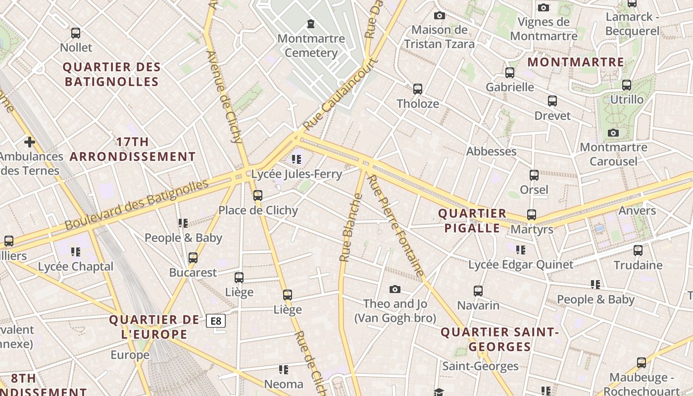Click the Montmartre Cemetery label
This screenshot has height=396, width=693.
coord(311,46)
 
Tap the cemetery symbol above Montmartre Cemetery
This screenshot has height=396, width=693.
coord(311,23)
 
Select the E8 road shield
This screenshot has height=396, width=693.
coord(216,321)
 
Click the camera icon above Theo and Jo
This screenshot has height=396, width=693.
coord(395,289)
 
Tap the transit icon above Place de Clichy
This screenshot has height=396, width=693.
coord(258,195)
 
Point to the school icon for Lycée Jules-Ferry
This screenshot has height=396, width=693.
coord(297,159)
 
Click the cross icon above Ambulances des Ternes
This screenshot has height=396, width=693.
coord(30,143)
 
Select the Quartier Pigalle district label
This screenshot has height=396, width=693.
coord(472,221)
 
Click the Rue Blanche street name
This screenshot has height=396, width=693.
coord(350,228)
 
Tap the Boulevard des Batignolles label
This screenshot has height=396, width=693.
coord(137,204)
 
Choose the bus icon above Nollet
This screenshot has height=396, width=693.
coord(76,33)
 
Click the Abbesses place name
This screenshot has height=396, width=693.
coord(491,151)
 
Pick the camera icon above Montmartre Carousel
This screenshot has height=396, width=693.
coord(613,133)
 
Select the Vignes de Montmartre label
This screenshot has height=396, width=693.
coord(544,29)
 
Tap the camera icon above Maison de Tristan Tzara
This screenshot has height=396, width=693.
coord(439,16)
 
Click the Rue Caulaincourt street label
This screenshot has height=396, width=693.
coord(341,94)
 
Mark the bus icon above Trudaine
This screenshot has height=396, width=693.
coord(638,250)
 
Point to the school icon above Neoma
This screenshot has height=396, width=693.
coord(284,369)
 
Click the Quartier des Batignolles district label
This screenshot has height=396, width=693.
coord(111,74)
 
